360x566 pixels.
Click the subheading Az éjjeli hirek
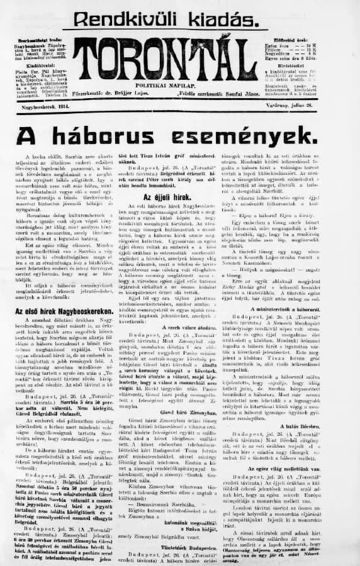[179, 196]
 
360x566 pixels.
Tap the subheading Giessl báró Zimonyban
[181, 448]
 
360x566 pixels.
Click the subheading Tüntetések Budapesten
[181, 542]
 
